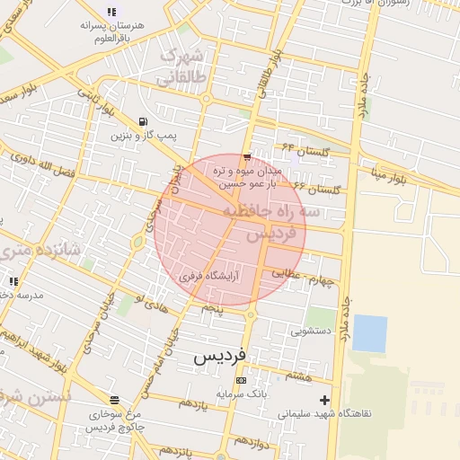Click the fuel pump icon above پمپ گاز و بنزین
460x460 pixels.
click(x=143, y=122)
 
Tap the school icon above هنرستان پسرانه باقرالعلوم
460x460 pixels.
click(x=111, y=12)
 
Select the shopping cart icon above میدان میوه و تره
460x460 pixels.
click(x=247, y=157)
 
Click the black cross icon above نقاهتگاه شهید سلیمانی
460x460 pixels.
click(x=324, y=400)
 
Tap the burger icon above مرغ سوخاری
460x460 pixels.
click(x=113, y=401)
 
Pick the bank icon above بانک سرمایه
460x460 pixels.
click(x=240, y=380)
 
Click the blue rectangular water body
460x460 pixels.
click(x=369, y=332)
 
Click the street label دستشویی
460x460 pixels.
click(x=309, y=331)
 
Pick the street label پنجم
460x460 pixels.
click(x=212, y=308)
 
